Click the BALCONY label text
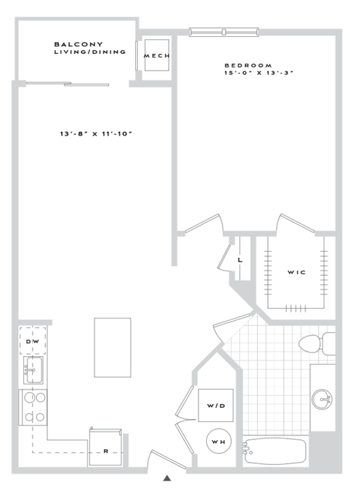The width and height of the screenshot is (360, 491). tap(78, 44)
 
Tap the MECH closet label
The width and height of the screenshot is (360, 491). tap(157, 56)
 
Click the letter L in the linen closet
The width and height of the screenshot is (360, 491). tap(240, 260)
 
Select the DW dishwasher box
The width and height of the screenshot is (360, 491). tap(32, 341)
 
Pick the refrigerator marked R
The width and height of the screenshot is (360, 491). tap(106, 444)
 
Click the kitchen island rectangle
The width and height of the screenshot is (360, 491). tap(112, 347)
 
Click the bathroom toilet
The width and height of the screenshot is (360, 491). tap(315, 344)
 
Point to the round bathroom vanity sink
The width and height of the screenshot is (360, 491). tap(322, 398)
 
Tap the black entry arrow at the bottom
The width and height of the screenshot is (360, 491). tap(167, 477)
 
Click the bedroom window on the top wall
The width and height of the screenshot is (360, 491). tap(225, 31)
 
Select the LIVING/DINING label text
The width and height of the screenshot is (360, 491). tap(89, 52)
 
